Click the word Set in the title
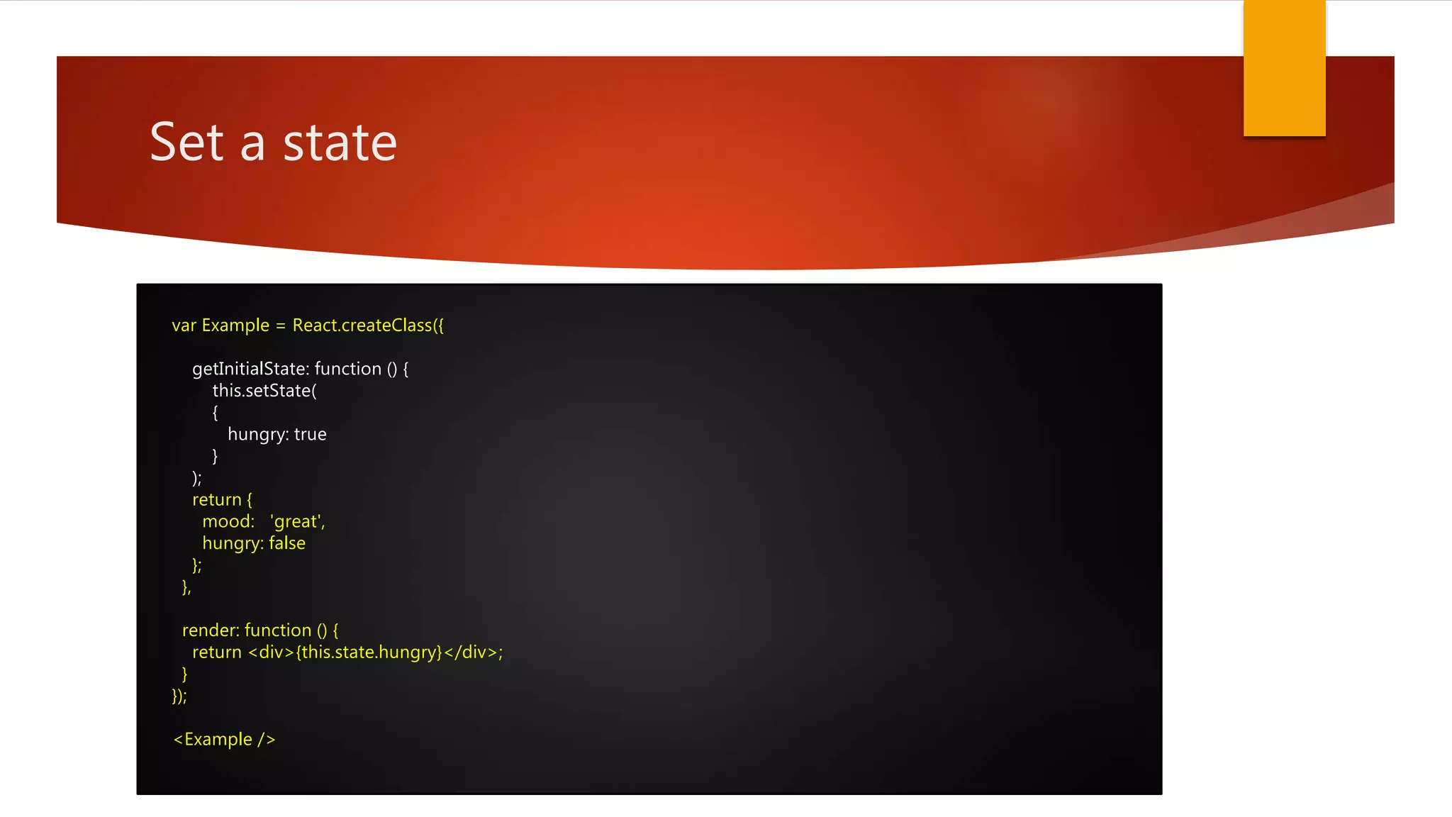[x=186, y=143]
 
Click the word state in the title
[x=340, y=143]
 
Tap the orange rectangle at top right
[x=1284, y=68]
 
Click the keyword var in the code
[x=184, y=326]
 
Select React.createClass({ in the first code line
[x=367, y=326]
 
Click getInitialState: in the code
[x=250, y=369]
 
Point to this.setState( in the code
[x=264, y=391]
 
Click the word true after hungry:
[x=310, y=434]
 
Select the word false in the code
[x=286, y=543]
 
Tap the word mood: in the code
[x=228, y=522]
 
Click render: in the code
[x=211, y=630]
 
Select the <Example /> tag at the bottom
[x=224, y=740]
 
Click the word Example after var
[x=235, y=326]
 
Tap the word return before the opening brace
[x=216, y=500]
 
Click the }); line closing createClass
[x=179, y=696]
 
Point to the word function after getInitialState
[x=347, y=369]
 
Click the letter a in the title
[x=253, y=144]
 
